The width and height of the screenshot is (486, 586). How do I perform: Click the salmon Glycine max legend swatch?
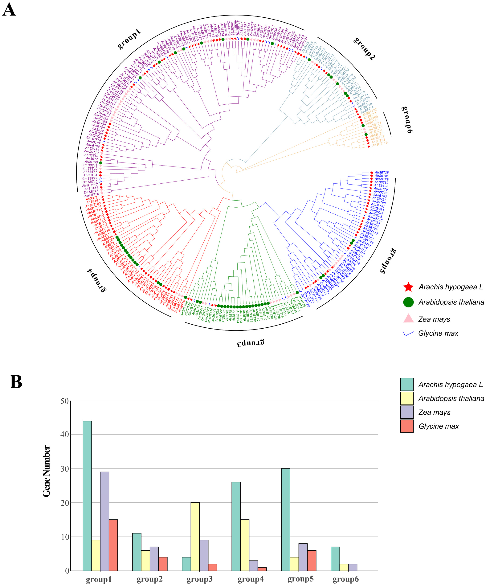pos(407,426)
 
